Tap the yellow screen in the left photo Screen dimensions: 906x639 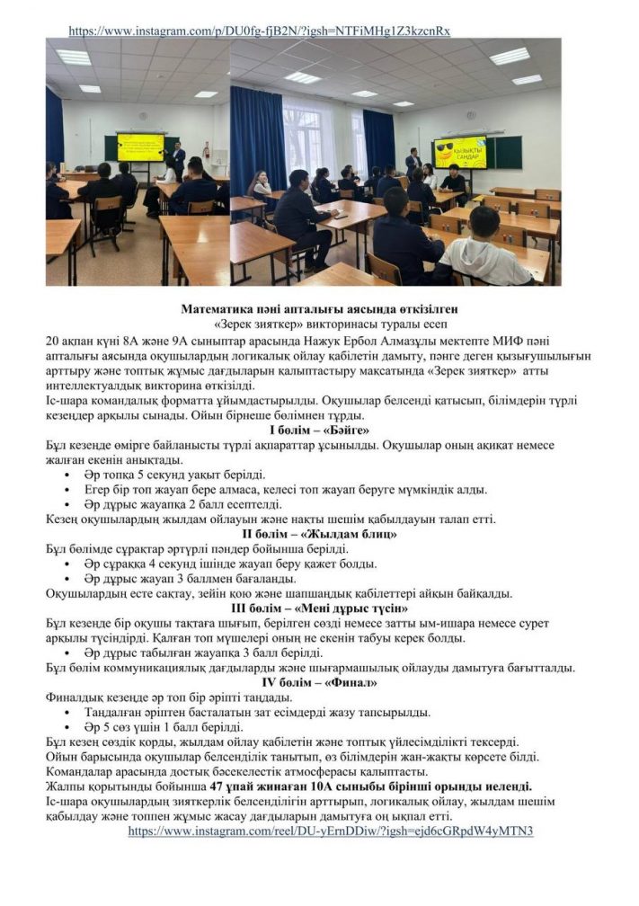point(140,147)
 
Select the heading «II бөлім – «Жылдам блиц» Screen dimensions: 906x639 point(320,534)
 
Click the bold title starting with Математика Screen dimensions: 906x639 point(320,309)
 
